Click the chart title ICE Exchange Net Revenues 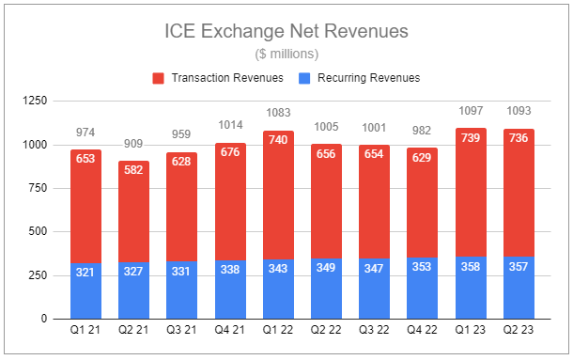click(x=286, y=31)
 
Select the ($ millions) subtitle click(x=286, y=54)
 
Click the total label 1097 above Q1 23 click(x=471, y=112)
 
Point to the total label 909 click(x=133, y=145)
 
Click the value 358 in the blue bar click(x=471, y=267)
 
